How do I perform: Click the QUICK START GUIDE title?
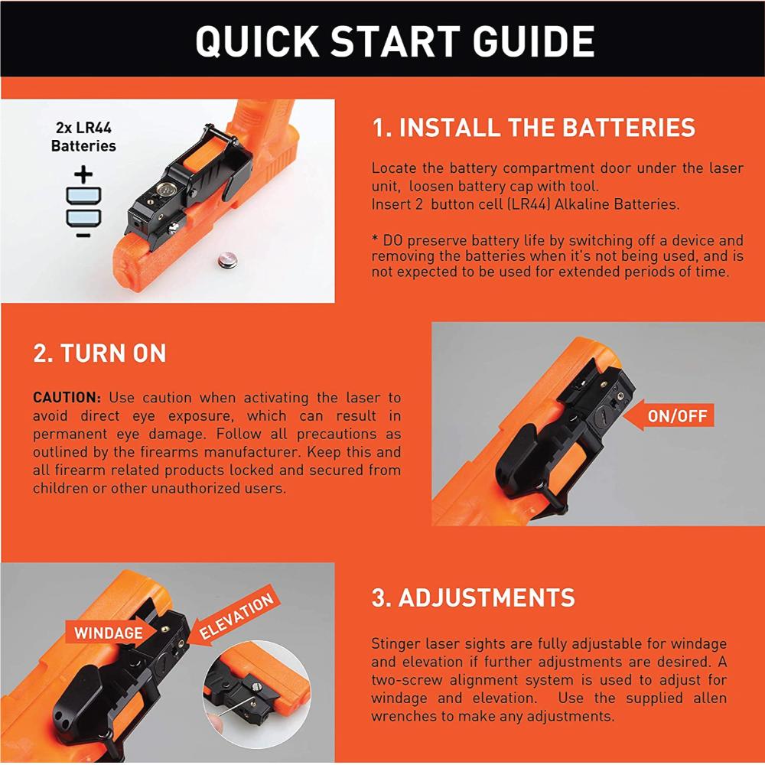[395, 41]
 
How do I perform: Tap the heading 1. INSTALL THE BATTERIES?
[533, 127]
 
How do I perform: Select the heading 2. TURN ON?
[99, 353]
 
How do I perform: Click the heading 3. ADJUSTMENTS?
[473, 597]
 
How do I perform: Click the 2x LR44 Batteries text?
[83, 137]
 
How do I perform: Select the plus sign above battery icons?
[83, 175]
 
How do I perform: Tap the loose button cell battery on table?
[226, 262]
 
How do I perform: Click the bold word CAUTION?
[67, 398]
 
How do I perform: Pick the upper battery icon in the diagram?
[83, 194]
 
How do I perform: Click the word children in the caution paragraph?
[60, 488]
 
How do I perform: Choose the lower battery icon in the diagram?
[83, 217]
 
